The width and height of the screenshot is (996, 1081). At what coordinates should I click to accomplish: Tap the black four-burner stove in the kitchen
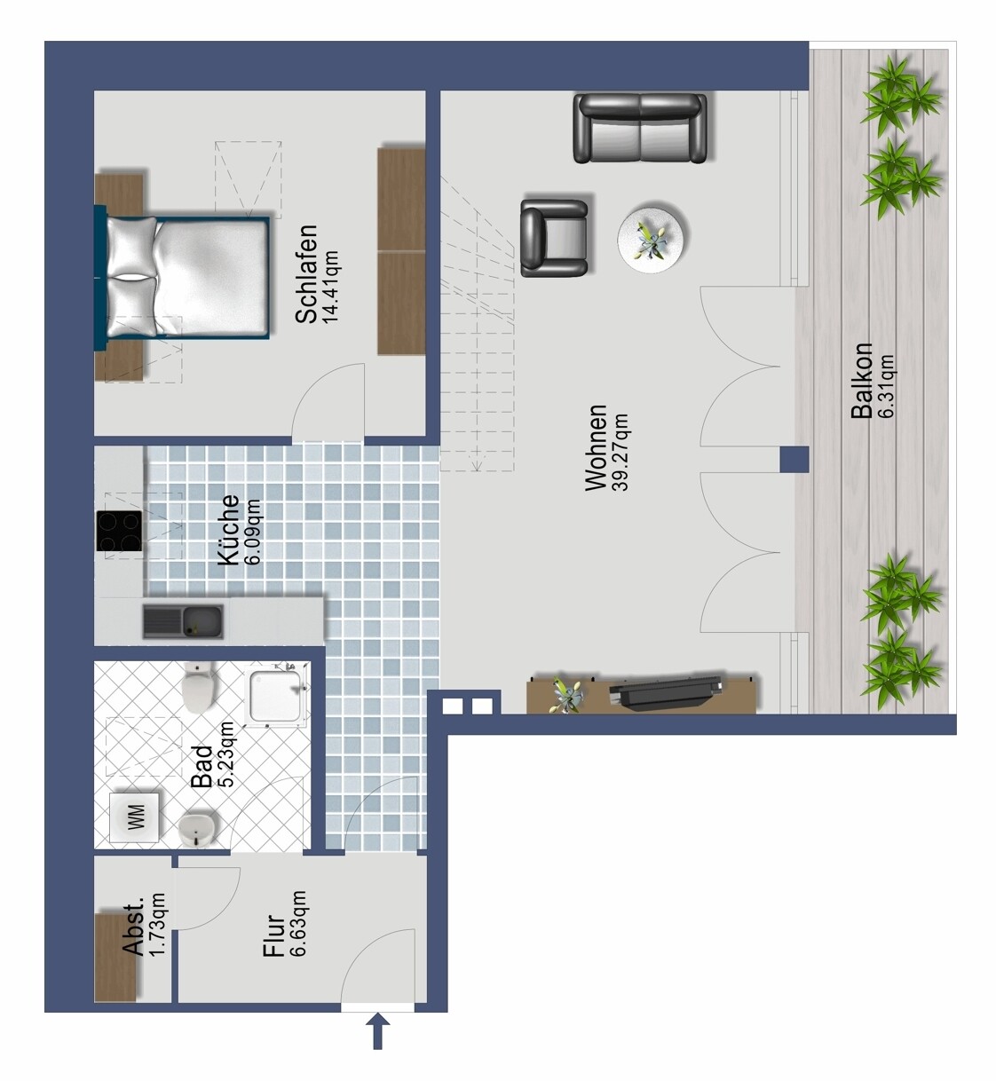(x=119, y=531)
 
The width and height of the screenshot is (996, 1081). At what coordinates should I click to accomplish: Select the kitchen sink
(x=183, y=621)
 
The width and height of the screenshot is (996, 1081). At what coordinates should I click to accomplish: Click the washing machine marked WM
(x=134, y=817)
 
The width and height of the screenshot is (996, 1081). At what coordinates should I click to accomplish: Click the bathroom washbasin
(x=197, y=830)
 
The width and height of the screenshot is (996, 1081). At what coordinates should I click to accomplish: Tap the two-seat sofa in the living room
(x=639, y=129)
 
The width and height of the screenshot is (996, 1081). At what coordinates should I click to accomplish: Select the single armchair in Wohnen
(x=554, y=238)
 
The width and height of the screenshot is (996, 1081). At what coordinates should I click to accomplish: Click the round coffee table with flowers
(x=654, y=238)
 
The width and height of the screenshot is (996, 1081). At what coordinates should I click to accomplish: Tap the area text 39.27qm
(x=620, y=453)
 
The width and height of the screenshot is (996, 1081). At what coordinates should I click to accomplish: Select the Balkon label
(x=862, y=381)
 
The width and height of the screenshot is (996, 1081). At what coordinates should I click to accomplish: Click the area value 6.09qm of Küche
(x=252, y=532)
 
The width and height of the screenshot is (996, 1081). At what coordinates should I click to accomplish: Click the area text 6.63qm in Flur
(x=297, y=923)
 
